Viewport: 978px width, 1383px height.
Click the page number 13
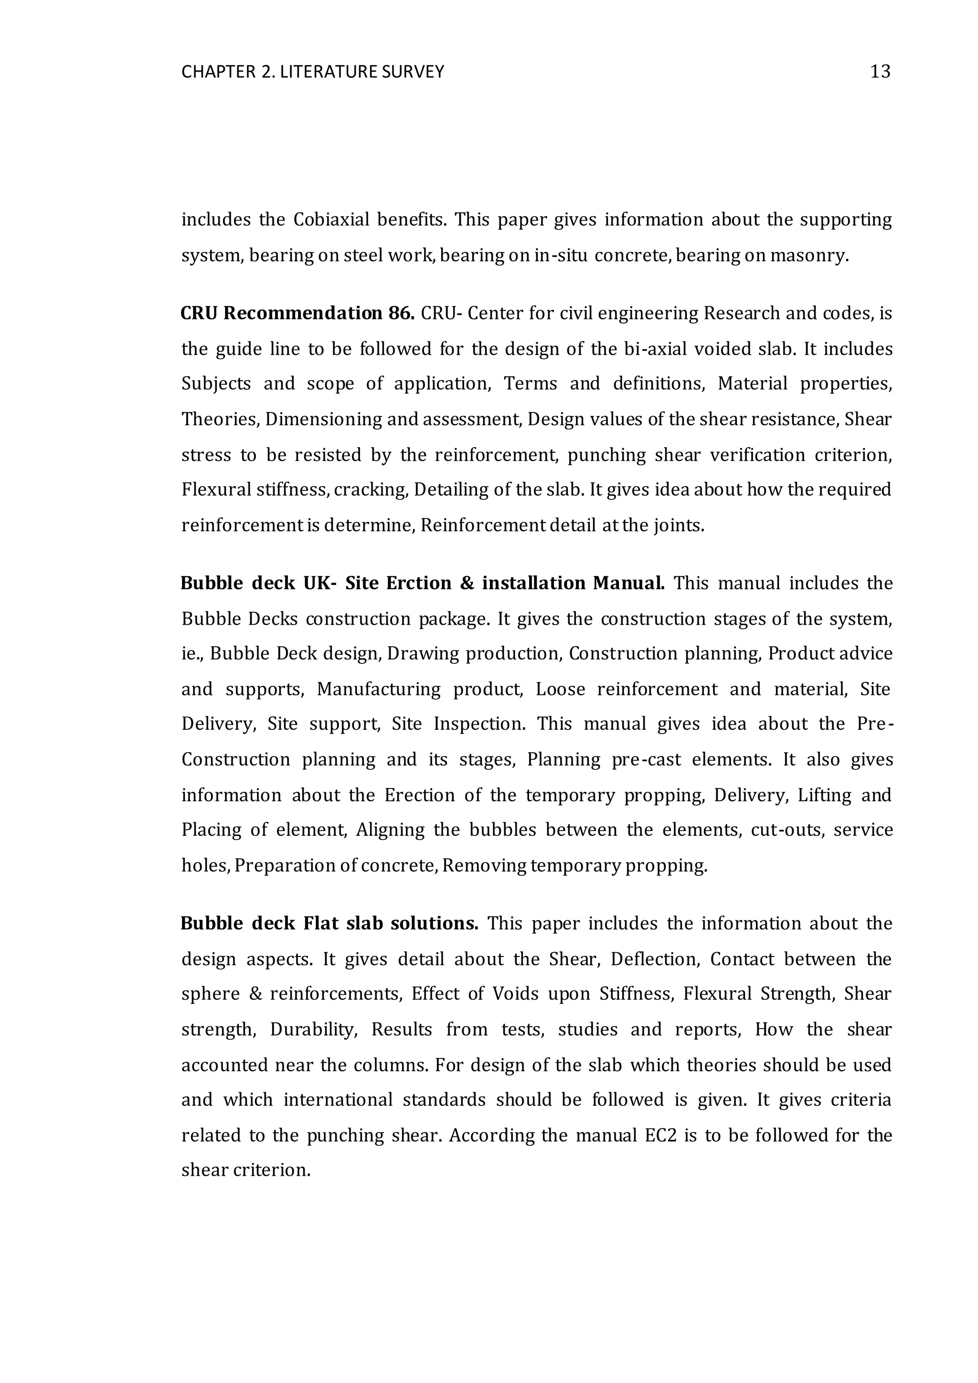pyautogui.click(x=880, y=72)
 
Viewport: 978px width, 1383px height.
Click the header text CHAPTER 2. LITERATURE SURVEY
pyautogui.click(x=313, y=72)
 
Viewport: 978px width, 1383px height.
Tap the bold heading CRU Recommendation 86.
pyautogui.click(x=298, y=313)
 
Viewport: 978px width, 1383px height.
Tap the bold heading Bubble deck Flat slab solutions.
pyautogui.click(x=330, y=924)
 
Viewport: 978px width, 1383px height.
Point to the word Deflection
pyautogui.click(x=655, y=959)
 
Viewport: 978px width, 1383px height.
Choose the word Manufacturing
pyautogui.click(x=379, y=689)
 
